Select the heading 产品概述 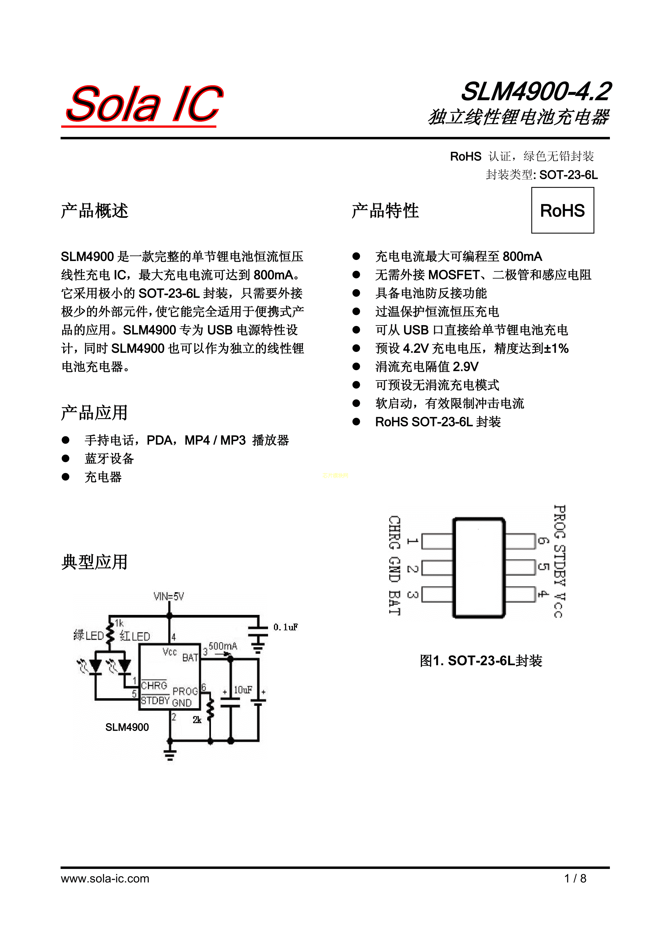pos(95,210)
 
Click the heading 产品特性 pos(385,210)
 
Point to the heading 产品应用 pos(95,413)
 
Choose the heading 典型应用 pos(95,562)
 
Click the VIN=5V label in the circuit pos(168,597)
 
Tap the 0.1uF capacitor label pos(285,627)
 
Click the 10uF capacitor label pos(243,690)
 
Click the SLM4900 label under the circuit pos(127,727)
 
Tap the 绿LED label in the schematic pos(88,635)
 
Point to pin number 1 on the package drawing pos(412,541)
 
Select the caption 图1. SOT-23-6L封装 pos(481,661)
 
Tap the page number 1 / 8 pos(575,878)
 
